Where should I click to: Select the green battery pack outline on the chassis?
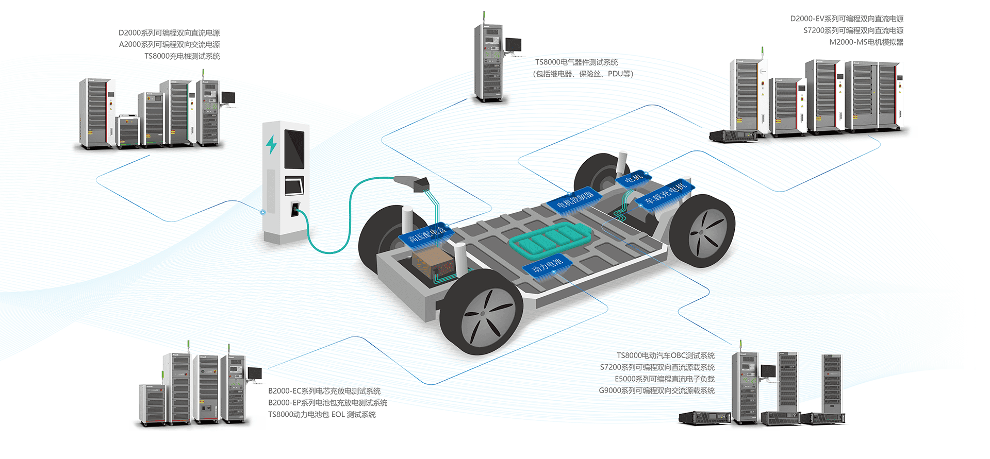pos(550,240)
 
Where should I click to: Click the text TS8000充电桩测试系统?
pos(182,56)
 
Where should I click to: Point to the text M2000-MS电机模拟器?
pos(866,42)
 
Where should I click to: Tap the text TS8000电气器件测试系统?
pos(576,62)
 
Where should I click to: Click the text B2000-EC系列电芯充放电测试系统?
pos(324,391)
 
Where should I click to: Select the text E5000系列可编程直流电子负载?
pos(664,379)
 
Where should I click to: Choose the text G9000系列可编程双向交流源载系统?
pos(656,390)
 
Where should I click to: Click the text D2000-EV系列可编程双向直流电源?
pos(846,19)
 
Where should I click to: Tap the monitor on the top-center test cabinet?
pos(513,44)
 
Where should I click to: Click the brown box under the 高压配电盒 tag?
pos(433,262)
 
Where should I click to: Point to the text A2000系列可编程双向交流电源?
pos(169,44)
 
